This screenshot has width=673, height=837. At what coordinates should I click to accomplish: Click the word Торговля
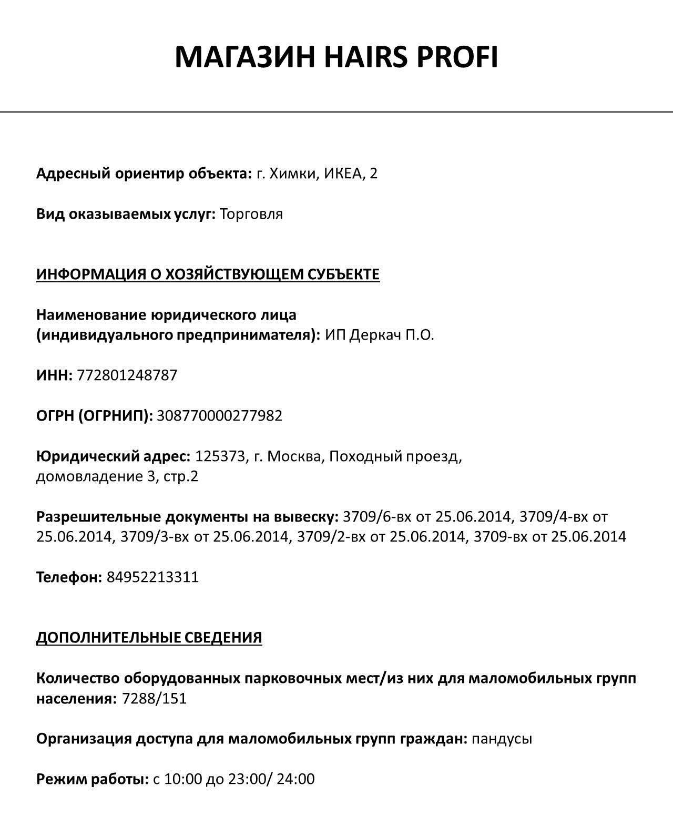251,214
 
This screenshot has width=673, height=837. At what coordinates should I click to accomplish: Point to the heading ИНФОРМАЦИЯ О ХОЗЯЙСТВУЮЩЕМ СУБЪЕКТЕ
208,274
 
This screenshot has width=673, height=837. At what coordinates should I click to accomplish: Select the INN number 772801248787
127,375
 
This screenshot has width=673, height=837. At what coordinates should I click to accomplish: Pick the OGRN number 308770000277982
220,416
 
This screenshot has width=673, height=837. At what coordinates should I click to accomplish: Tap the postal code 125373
220,456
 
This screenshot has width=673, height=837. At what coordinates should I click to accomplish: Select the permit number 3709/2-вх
332,537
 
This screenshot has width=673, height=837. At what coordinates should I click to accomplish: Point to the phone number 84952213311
153,577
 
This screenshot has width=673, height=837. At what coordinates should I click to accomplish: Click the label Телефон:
69,577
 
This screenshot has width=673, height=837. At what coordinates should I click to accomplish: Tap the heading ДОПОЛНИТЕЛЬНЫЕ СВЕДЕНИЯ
149,638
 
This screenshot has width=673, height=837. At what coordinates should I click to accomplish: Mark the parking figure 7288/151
154,699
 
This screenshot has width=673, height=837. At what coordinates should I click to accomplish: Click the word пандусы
502,739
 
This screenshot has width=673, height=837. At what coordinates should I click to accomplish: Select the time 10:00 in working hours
183,779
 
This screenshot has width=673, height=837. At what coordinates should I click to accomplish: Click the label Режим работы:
93,779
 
